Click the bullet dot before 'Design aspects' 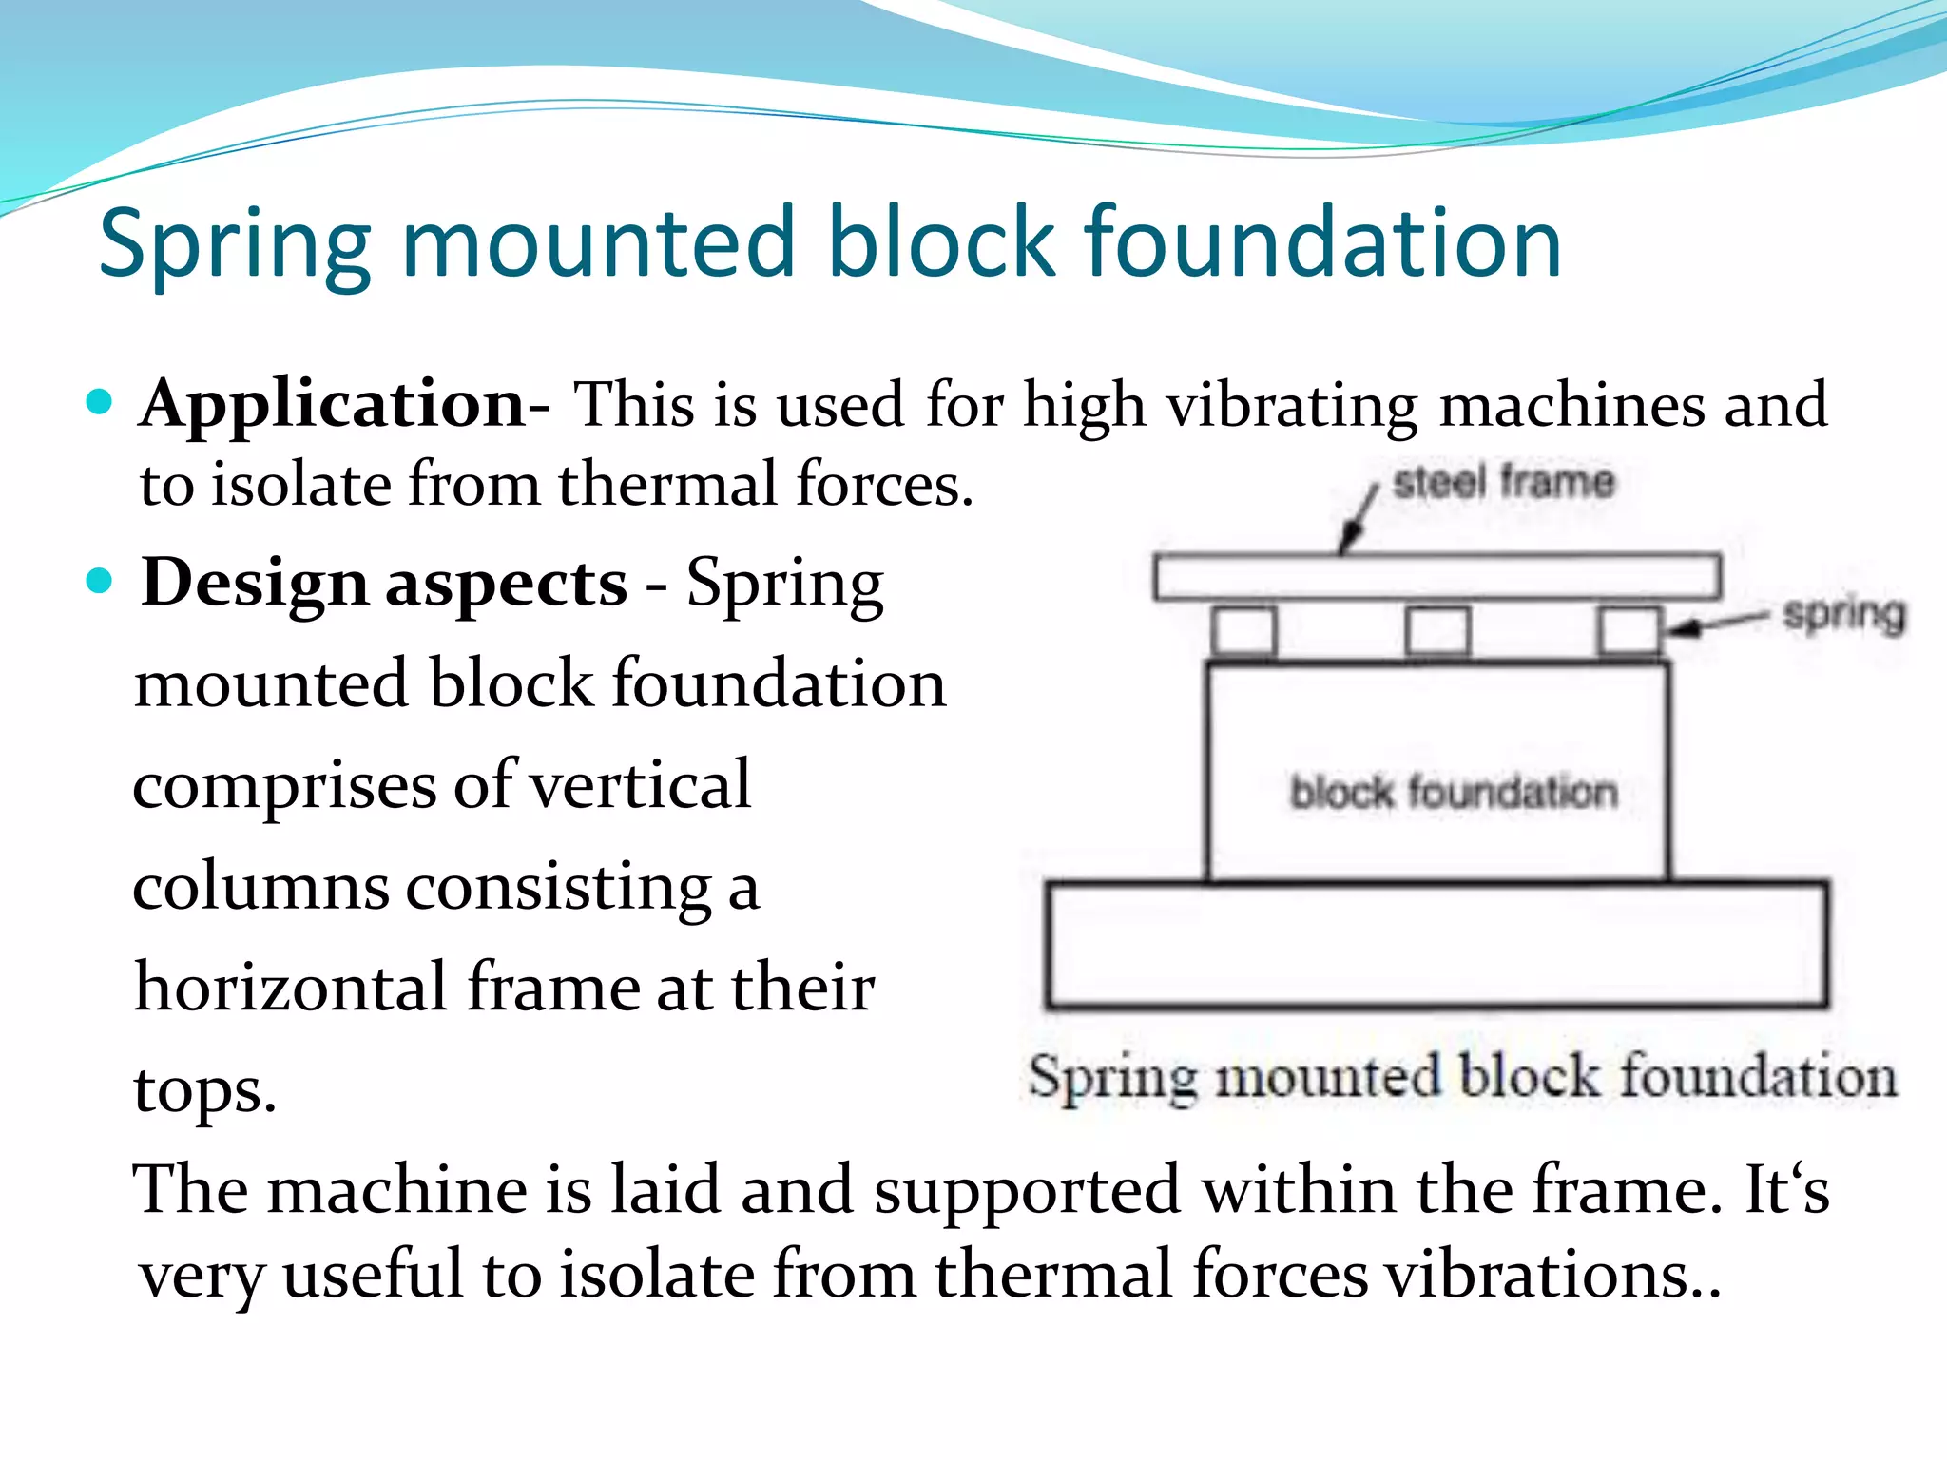99,580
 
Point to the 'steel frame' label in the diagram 1503,481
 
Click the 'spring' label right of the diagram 1843,614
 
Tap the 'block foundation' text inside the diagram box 1454,792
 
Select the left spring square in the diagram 1244,631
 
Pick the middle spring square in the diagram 1437,631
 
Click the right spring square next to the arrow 1629,631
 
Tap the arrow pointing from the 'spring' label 1717,624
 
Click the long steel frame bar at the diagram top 1436,577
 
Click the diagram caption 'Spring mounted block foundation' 1462,1078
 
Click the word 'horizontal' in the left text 290,987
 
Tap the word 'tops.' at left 204,1089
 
